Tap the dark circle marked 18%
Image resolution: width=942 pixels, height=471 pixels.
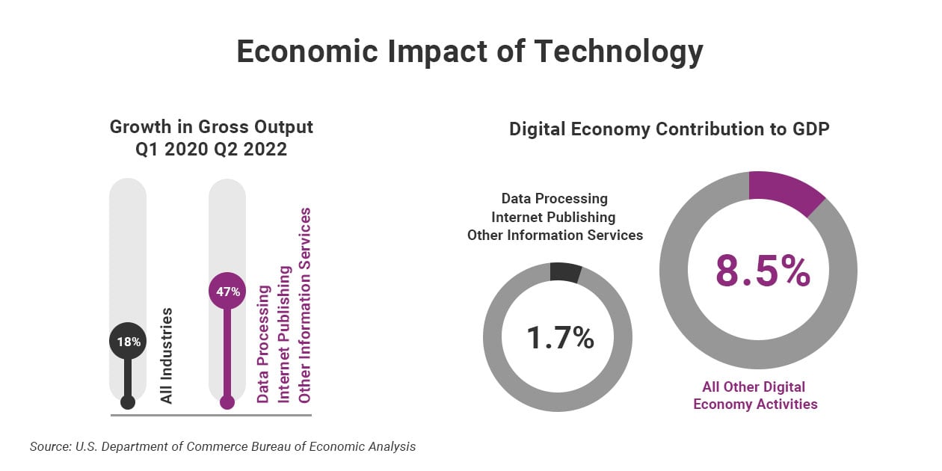[128, 342]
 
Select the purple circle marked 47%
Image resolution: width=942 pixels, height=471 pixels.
[227, 292]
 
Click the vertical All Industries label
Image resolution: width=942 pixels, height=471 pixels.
[167, 355]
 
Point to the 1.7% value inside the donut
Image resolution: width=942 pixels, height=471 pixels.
[560, 338]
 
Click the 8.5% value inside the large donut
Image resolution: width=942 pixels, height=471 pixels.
[763, 271]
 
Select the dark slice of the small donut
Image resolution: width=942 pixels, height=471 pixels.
[565, 272]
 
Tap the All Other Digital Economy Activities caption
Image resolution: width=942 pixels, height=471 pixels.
[754, 395]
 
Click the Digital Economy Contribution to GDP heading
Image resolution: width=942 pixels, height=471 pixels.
[669, 129]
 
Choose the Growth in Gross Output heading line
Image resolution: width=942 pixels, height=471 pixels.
[212, 127]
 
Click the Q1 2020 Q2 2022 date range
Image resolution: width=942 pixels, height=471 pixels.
[212, 150]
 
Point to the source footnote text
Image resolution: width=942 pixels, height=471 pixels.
[222, 446]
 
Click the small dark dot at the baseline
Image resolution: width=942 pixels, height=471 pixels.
[128, 402]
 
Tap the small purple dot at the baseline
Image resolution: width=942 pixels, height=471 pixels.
[227, 402]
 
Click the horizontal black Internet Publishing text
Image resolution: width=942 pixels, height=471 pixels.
[553, 217]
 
